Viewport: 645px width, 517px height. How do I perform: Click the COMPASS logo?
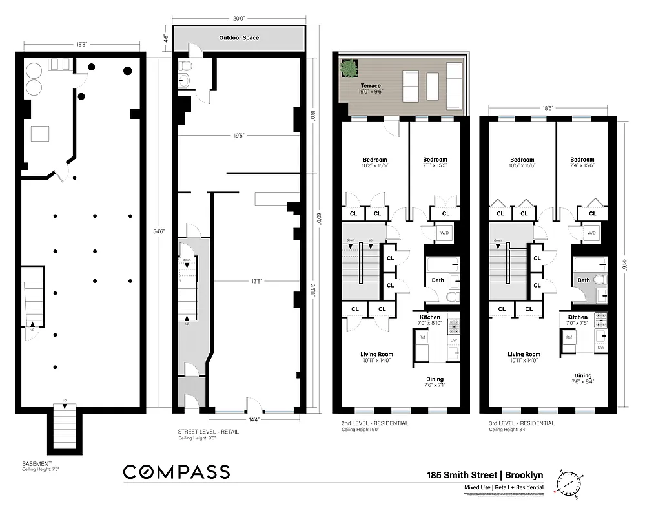[x=176, y=472]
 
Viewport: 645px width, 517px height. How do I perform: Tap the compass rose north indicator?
[x=569, y=481]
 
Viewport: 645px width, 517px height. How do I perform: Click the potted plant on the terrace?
[x=350, y=67]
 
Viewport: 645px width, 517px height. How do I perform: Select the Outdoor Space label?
[x=239, y=38]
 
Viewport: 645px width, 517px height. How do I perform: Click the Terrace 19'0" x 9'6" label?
[x=371, y=89]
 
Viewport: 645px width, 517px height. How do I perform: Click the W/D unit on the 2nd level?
[x=444, y=233]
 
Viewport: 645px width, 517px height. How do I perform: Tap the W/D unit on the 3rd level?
[x=591, y=233]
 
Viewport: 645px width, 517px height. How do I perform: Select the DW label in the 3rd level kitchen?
[x=600, y=347]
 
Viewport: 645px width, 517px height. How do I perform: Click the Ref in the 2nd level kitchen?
[x=422, y=337]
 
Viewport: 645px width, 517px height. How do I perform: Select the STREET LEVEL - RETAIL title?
[x=208, y=432]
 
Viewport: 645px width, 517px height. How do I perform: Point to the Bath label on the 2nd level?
[x=437, y=280]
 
